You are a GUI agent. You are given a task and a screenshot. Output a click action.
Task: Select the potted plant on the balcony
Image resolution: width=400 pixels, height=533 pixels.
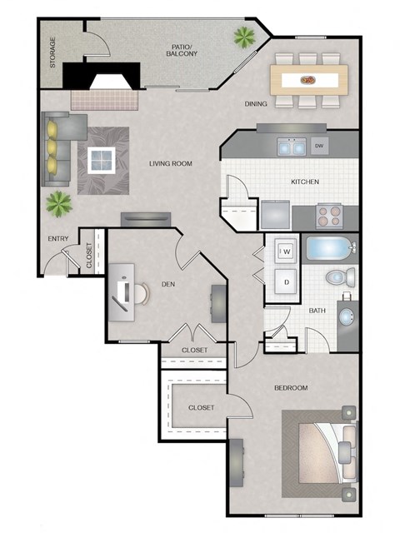pos(244,37)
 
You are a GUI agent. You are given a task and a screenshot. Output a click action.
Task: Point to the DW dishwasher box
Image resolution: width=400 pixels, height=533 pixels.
pos(319,147)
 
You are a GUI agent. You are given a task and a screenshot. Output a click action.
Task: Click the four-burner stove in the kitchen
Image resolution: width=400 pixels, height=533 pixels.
pos(330,216)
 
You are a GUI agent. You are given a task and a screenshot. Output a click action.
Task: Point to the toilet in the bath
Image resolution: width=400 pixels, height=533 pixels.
pos(337,277)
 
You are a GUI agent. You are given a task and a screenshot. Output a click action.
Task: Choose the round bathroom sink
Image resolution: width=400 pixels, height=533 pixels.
pos(347,316)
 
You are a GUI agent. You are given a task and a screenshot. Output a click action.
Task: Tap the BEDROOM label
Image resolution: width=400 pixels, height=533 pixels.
pos(291,388)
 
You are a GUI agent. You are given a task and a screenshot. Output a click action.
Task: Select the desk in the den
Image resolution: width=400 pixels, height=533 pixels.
pos(122,288)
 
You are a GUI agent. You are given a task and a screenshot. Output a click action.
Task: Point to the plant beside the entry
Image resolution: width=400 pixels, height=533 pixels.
pos(58,201)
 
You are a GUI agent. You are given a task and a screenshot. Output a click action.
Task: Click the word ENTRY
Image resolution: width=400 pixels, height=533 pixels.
pos(57,240)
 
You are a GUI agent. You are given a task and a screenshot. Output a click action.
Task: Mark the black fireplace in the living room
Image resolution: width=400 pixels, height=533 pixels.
pos(102,80)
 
